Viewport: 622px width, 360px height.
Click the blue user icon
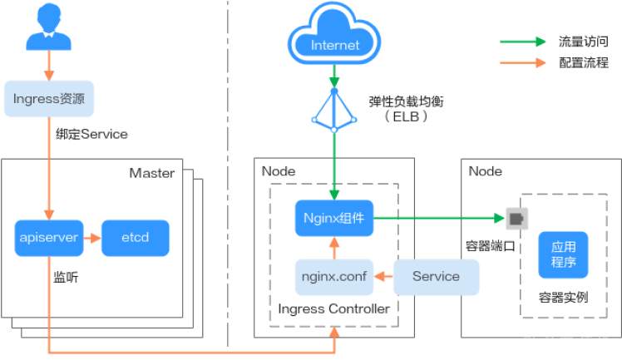[48, 30]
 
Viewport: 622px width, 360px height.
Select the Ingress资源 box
[48, 98]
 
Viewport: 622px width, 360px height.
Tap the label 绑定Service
[91, 133]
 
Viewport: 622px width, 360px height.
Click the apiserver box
[48, 237]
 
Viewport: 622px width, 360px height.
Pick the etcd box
[136, 237]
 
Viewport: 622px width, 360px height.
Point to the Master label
[152, 173]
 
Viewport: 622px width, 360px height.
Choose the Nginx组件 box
[334, 219]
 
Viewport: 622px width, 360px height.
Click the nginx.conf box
[333, 276]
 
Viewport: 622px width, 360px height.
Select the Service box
[436, 276]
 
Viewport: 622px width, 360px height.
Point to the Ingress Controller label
[333, 309]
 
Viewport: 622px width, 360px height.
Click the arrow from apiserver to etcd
[91, 237]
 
